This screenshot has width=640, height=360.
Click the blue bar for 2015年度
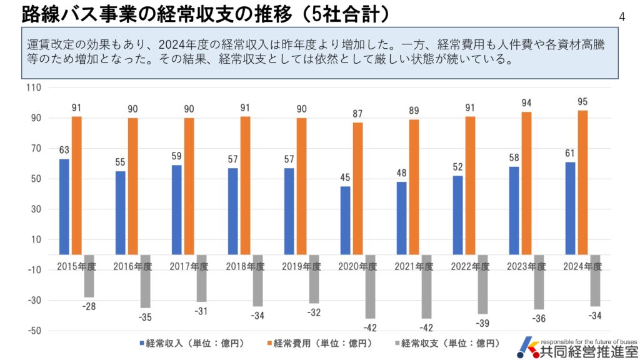click(64, 207)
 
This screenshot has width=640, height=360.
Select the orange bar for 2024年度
click(582, 182)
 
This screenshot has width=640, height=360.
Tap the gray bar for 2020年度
click(370, 287)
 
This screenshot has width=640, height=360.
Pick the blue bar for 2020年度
click(346, 221)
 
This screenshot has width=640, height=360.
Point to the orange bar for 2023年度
click(526, 183)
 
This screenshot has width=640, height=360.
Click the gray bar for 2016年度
click(145, 281)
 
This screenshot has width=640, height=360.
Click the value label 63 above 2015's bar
click(64, 150)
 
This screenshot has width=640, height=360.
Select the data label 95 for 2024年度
click(582, 101)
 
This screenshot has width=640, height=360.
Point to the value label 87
click(357, 114)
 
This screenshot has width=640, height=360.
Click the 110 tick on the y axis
click(34, 88)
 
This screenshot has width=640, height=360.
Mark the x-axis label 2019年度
click(301, 266)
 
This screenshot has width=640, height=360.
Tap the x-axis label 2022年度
click(470, 266)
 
